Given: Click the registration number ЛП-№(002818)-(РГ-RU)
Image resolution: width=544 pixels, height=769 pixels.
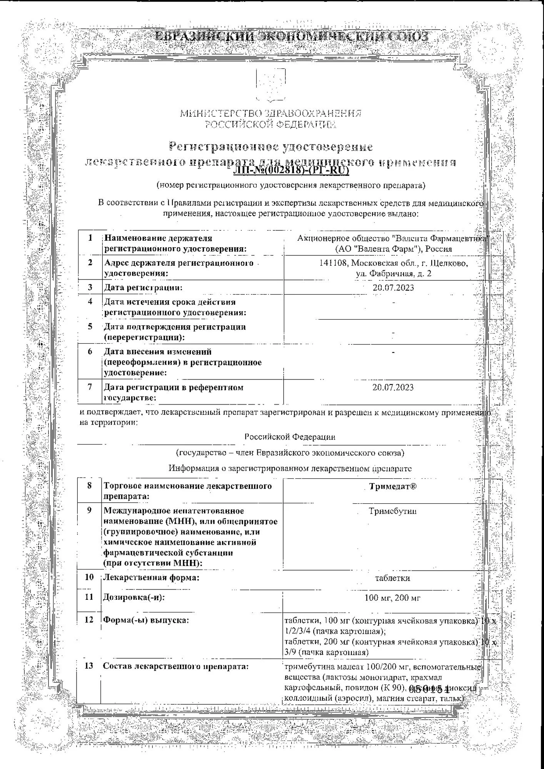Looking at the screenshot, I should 291,170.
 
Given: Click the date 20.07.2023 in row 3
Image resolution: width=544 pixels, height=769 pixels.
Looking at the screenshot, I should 393,288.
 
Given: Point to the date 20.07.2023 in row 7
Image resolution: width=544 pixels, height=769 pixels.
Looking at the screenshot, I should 393,387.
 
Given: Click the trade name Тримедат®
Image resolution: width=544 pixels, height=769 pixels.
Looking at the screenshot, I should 393,486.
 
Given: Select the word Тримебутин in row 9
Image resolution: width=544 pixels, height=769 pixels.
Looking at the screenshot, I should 392,511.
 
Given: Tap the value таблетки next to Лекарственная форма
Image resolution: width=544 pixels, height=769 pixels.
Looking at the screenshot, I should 392,578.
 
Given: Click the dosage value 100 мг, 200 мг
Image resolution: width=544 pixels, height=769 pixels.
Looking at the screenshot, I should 392,598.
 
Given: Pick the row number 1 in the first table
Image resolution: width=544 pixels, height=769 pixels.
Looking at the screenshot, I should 90,238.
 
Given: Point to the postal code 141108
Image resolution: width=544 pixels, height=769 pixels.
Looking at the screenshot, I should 334,263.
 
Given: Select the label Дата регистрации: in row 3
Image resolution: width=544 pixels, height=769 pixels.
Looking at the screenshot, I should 143,288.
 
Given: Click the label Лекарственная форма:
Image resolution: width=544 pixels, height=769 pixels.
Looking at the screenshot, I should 151,578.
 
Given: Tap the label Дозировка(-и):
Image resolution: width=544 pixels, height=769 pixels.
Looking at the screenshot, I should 133,598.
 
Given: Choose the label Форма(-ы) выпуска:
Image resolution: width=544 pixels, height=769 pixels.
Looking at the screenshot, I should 146,620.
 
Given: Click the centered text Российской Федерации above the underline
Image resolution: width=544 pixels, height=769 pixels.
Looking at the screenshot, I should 290,437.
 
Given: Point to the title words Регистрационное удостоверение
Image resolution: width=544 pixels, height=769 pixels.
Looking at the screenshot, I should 271,147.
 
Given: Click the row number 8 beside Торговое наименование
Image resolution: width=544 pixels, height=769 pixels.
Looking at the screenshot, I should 90,486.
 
